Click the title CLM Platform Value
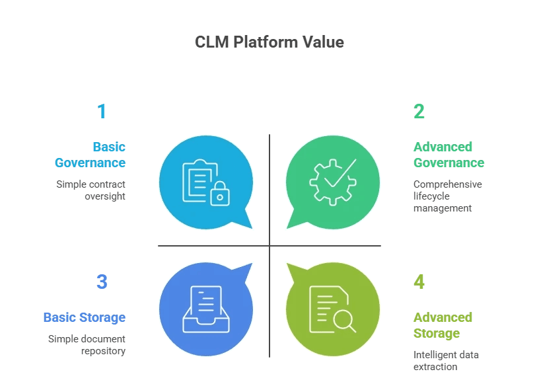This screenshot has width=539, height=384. pos(269,42)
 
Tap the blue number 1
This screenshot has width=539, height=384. pos(101,112)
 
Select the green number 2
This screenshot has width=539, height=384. pos(419,112)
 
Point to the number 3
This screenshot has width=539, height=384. pos(102,282)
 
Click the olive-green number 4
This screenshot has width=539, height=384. pos(419,282)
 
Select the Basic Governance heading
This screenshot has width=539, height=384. pos(90,155)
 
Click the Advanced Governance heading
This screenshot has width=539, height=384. pos(449,155)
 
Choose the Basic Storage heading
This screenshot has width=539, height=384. pos(84,317)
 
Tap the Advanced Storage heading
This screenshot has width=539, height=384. pos(443,325)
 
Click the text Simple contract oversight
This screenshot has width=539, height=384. pos(90,190)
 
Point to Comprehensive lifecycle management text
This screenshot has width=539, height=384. pos(447,196)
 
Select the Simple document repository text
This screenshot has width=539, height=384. pos(87,345)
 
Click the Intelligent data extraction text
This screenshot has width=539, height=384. pos(446,360)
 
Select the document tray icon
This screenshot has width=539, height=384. pos(205,309)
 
